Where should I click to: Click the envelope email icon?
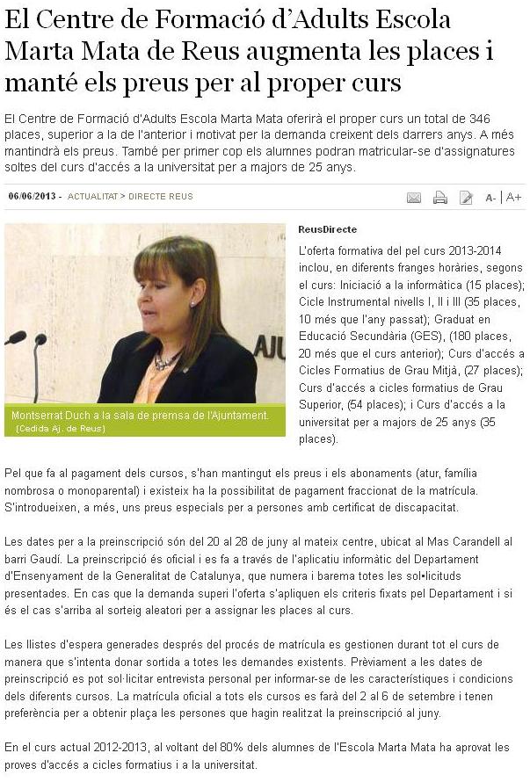click(414, 198)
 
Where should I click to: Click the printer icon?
click(440, 198)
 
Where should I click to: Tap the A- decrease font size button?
click(490, 198)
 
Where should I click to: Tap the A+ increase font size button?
click(514, 198)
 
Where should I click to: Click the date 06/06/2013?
click(32, 196)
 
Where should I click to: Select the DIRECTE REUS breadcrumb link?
click(161, 196)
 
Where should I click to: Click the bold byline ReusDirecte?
click(328, 229)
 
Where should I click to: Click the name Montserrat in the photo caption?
click(40, 416)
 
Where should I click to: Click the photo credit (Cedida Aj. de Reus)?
click(61, 428)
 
